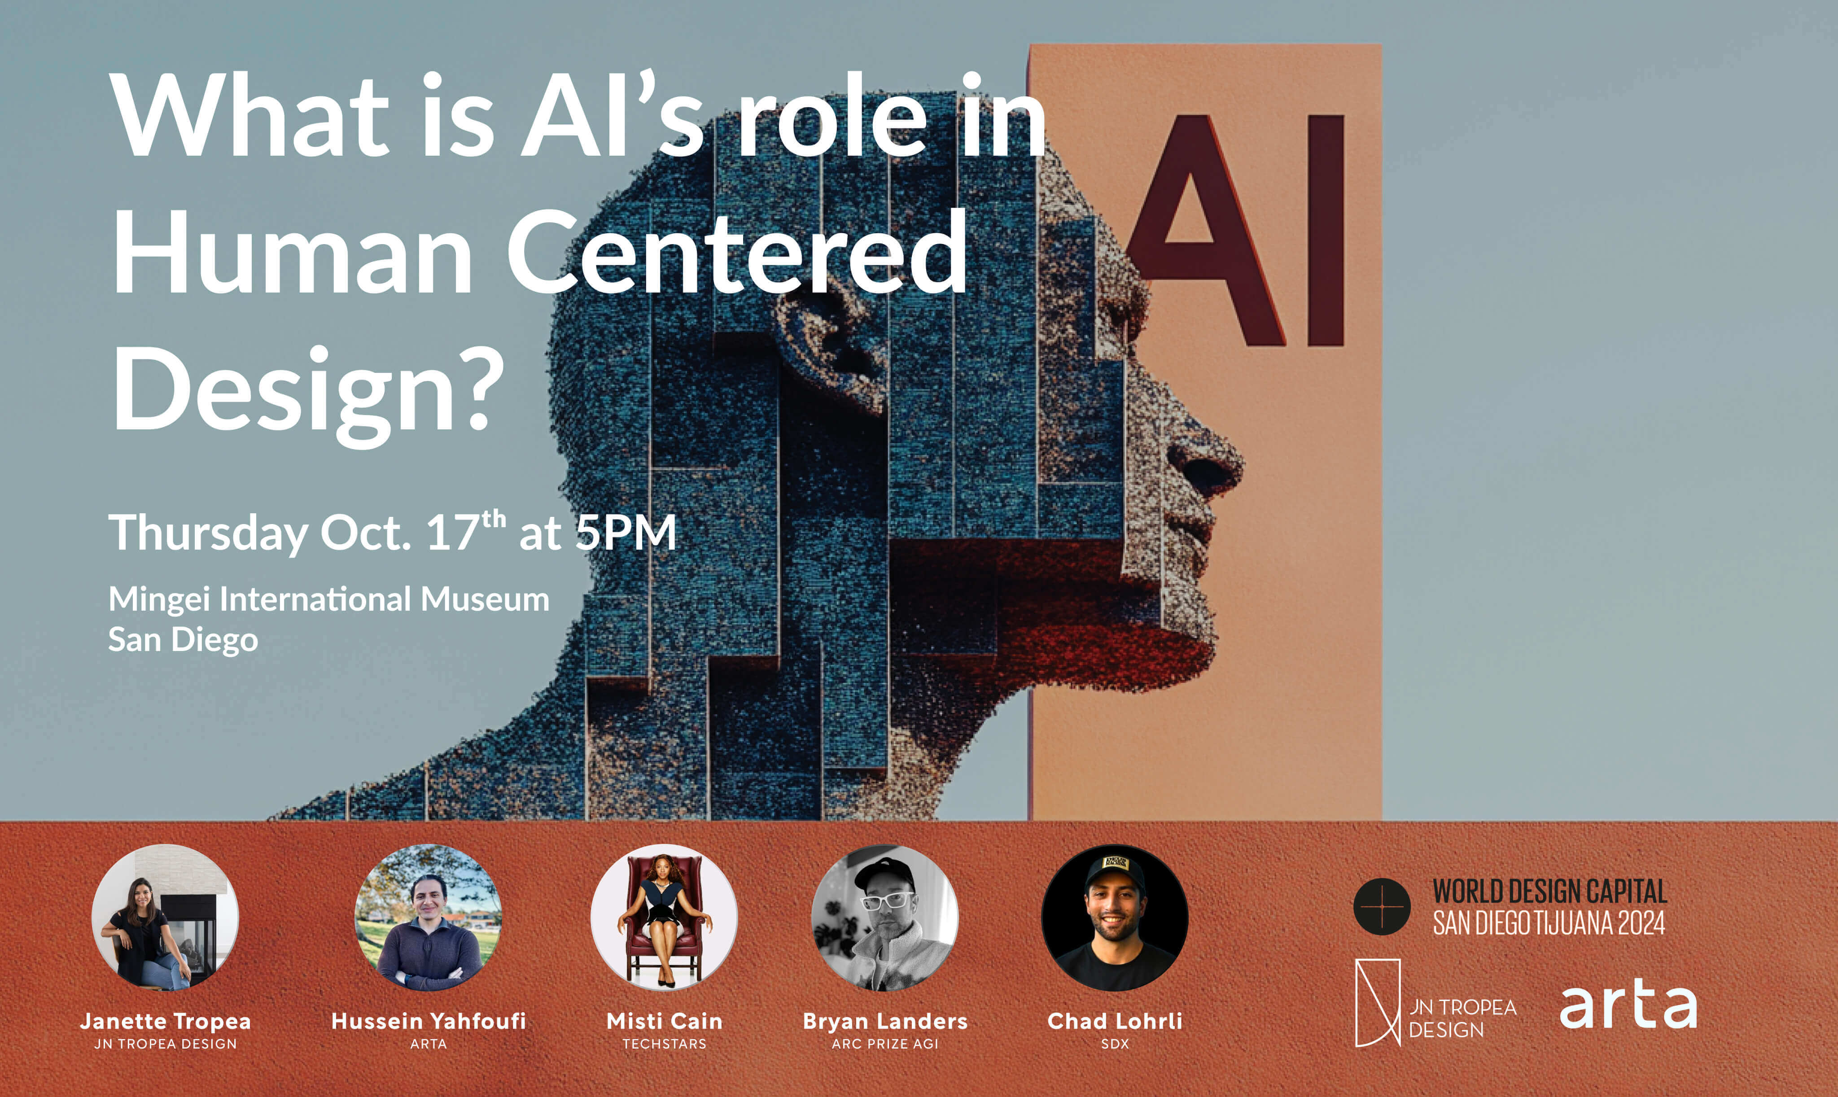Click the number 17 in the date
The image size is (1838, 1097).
(x=452, y=532)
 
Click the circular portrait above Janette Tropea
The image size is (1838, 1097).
(x=165, y=918)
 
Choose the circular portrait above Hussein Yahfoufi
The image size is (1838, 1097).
(x=428, y=918)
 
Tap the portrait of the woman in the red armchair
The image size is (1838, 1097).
(x=664, y=918)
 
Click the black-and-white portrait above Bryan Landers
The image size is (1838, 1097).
(x=885, y=918)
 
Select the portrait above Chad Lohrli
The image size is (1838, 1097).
(x=1115, y=918)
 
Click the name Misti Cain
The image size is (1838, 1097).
(x=664, y=1021)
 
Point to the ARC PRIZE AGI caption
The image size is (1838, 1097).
(x=885, y=1044)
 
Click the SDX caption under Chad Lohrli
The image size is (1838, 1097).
(x=1115, y=1044)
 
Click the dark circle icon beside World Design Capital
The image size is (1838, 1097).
(x=1381, y=906)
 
